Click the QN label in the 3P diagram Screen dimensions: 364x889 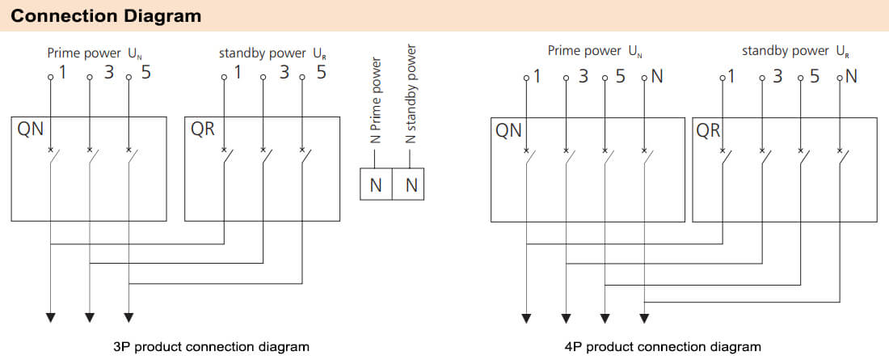tap(31, 129)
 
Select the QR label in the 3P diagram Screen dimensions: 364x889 tap(203, 129)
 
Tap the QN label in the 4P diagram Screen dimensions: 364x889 tap(508, 129)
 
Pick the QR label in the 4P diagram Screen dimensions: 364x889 tap(708, 129)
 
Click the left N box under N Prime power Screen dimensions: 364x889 tap(375, 185)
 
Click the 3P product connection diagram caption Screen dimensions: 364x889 tap(212, 347)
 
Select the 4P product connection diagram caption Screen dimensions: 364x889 tap(663, 347)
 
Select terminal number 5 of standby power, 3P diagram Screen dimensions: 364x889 tap(321, 73)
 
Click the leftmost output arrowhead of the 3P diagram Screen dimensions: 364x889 tap(51, 317)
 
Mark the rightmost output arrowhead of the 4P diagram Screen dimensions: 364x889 tap(643, 317)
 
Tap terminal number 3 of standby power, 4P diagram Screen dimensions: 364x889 tap(777, 77)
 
